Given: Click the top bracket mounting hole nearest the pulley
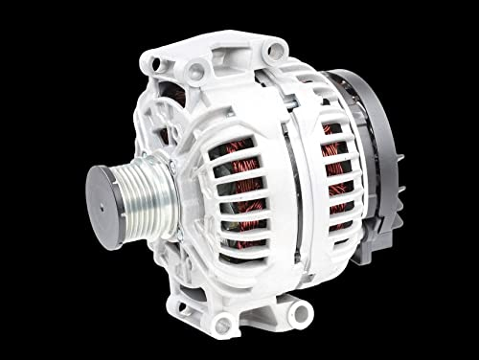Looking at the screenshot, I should click(195, 70).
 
